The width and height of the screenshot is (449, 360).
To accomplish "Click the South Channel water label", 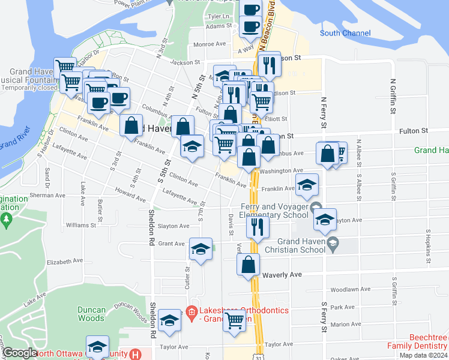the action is (x=345, y=33).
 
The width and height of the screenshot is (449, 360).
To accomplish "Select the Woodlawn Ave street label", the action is (x=344, y=289).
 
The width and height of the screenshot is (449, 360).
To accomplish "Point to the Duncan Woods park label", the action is (x=92, y=314).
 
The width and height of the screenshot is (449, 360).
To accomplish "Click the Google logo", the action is (x=20, y=353).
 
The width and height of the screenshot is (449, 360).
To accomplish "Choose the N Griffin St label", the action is (x=394, y=96).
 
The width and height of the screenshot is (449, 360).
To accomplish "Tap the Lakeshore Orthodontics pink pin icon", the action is (x=191, y=311).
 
